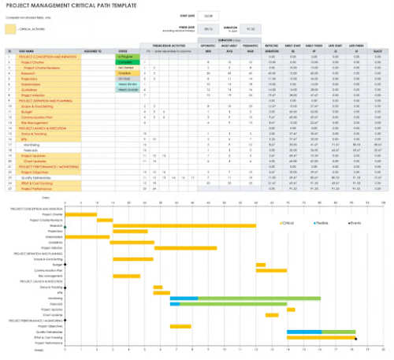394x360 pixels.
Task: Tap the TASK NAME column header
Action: (24, 53)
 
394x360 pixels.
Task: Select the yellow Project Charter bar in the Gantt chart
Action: (80, 214)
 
